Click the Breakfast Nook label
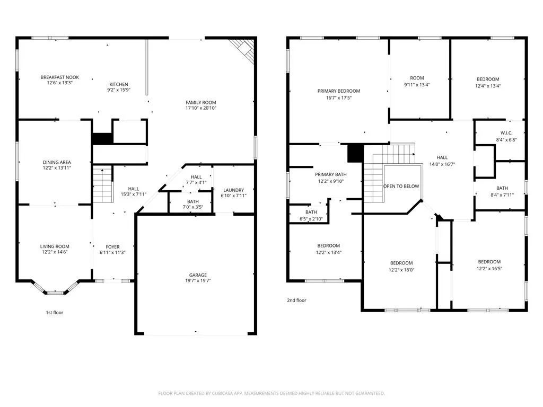[x=59, y=77]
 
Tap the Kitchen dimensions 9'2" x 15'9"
[x=119, y=90]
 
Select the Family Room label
[x=201, y=102]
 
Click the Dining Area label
[x=57, y=162]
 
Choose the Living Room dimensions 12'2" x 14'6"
[x=55, y=252]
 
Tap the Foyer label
[x=112, y=247]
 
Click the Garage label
[x=198, y=275]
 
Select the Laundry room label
[x=234, y=190]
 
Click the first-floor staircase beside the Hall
[x=103, y=184]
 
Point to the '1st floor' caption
[x=55, y=313]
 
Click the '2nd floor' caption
[x=297, y=300]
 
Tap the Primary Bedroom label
[x=339, y=91]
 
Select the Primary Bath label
[x=331, y=174]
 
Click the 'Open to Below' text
[x=401, y=186]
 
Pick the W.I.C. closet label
[x=506, y=133]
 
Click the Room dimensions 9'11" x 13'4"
[x=417, y=85]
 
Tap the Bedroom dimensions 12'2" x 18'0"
[x=401, y=270]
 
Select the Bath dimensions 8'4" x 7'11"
[x=502, y=195]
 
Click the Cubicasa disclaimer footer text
[x=271, y=394]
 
